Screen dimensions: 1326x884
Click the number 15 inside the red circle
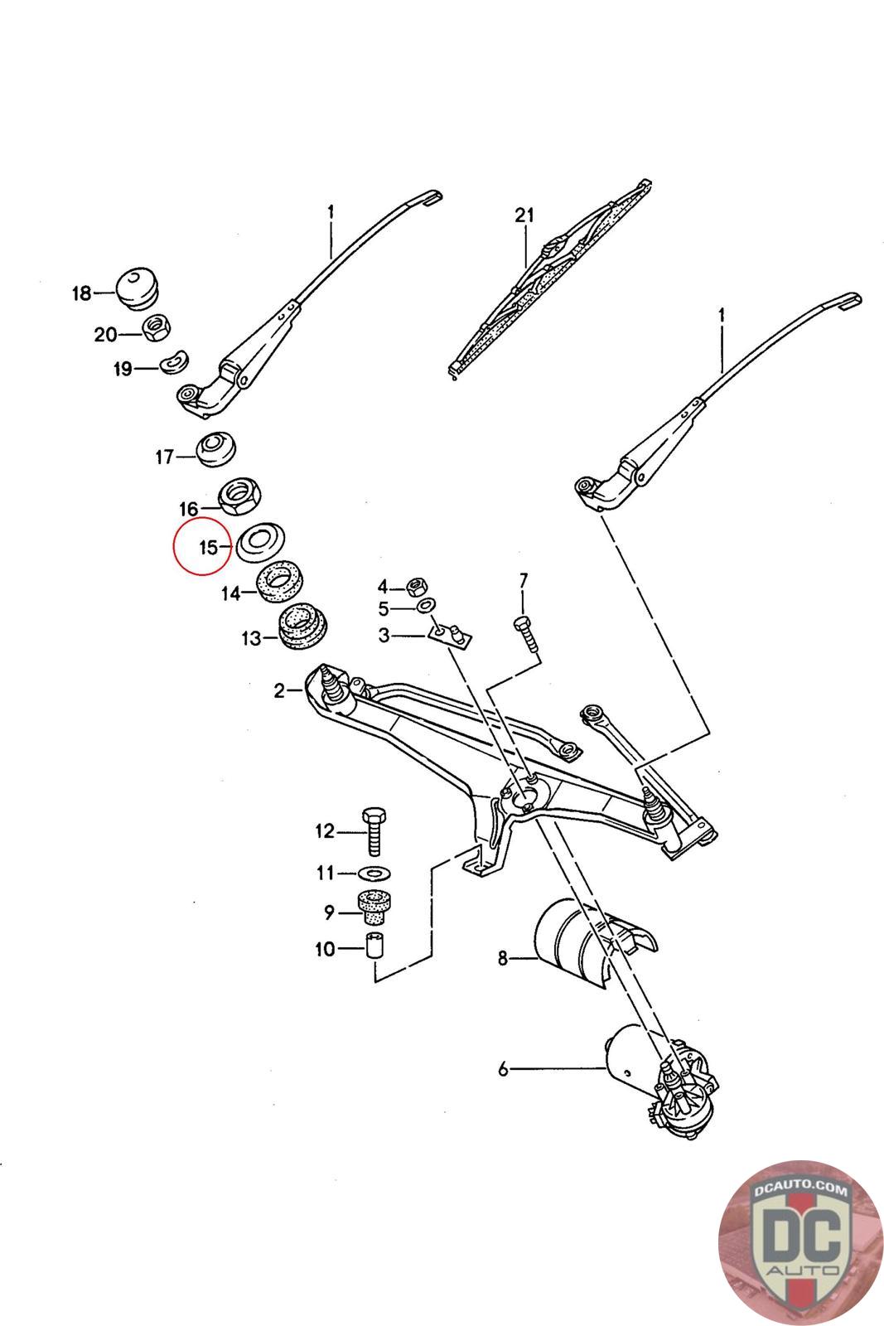click(207, 547)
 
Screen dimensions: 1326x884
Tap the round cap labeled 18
click(138, 287)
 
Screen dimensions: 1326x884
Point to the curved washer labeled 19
click(175, 361)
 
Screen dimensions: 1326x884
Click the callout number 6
click(503, 1069)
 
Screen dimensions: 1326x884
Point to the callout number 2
click(279, 690)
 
